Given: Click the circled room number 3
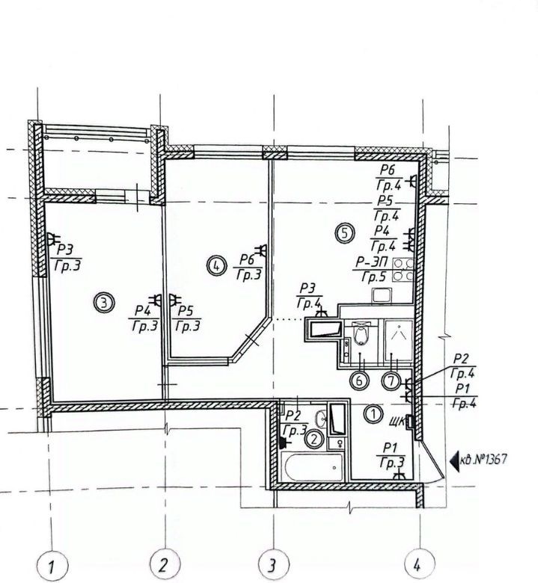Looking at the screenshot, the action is (104, 303).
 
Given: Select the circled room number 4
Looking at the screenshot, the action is (216, 265).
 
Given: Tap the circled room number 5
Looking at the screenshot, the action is (345, 233).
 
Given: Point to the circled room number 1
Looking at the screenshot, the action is (373, 414).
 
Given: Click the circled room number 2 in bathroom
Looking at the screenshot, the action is (314, 439).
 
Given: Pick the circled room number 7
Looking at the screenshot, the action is (391, 381).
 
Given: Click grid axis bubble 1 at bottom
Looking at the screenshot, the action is (52, 567).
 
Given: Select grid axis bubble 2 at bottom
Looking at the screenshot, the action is (165, 565).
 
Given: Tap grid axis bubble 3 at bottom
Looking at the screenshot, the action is (274, 565).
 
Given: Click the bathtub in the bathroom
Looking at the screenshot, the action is (312, 466).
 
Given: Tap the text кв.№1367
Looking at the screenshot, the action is (483, 460).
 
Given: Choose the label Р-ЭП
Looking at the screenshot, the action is (371, 262).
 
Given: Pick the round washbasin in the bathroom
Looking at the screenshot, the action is (321, 419).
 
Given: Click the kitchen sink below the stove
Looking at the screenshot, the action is (382, 295).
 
